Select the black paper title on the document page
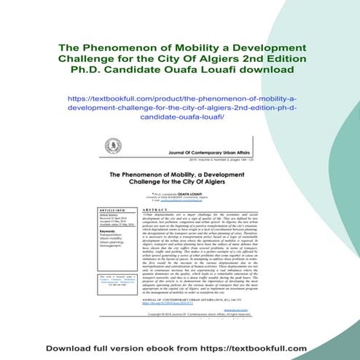click(x=180, y=179)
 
